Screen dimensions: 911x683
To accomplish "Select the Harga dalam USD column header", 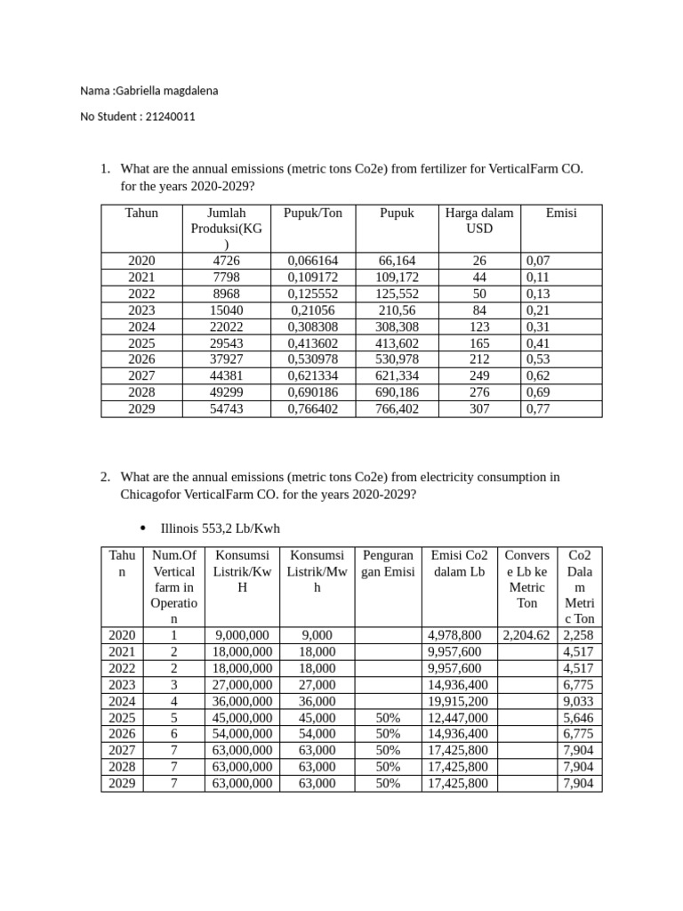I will click(x=478, y=221).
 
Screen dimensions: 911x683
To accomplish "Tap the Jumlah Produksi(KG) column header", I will click(x=226, y=229).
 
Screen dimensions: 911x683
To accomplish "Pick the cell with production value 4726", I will click(x=226, y=261).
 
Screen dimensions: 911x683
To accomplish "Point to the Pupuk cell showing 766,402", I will click(x=397, y=409).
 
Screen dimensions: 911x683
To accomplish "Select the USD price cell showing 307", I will click(x=478, y=409).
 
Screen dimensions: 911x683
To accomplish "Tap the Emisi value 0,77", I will click(x=539, y=409).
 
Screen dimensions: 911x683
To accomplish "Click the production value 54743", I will click(x=226, y=409).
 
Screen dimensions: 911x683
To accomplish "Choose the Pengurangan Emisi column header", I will click(x=388, y=563).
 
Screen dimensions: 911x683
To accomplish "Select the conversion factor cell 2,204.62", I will click(x=526, y=635).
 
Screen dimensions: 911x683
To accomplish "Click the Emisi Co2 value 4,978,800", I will click(x=454, y=635).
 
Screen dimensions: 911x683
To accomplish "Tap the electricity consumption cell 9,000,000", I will click(x=242, y=635).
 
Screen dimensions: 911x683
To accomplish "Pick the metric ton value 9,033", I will click(x=579, y=701).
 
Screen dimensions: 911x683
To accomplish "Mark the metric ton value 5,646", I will click(x=579, y=718).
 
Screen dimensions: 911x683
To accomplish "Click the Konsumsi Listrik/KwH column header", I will click(x=242, y=571).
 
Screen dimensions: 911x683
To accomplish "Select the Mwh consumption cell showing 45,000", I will click(x=317, y=718).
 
